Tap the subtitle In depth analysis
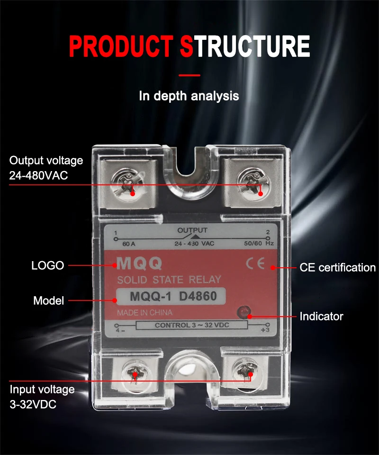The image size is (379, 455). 189,96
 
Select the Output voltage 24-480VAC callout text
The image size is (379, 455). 46,168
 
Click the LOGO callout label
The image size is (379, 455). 47,265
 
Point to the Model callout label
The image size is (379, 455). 48,300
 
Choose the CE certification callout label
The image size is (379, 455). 337,267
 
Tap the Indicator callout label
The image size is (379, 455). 321,316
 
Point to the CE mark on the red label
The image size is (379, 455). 255,264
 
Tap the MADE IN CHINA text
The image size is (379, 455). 144,313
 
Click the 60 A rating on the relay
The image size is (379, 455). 128,244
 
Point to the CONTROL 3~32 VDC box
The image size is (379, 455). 191,325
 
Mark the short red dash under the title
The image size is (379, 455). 189,75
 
